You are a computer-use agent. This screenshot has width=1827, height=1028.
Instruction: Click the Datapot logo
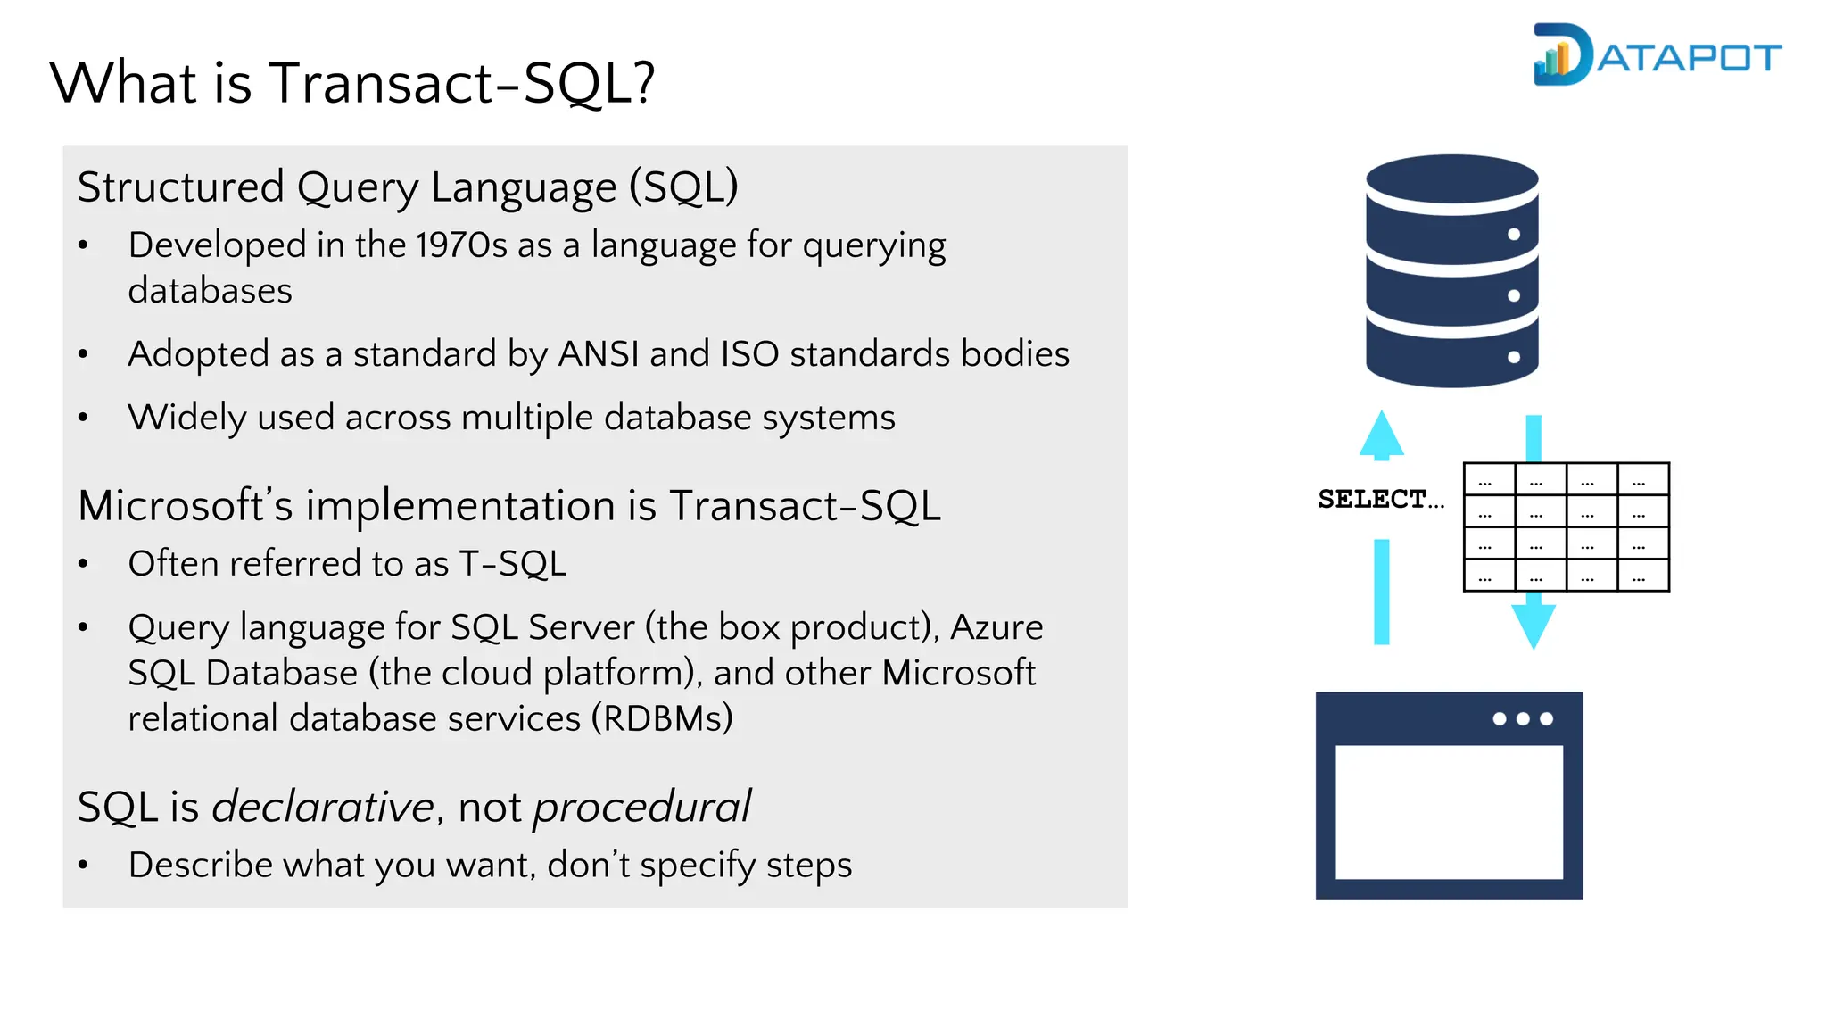click(1656, 55)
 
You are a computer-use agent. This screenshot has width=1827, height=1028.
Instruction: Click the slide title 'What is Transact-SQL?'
click(352, 83)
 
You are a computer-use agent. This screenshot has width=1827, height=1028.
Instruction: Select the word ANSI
click(598, 354)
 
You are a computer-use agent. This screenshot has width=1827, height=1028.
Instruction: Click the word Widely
click(186, 418)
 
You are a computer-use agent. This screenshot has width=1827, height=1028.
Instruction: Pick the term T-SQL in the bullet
click(512, 564)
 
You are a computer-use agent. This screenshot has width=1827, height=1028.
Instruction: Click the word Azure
click(996, 627)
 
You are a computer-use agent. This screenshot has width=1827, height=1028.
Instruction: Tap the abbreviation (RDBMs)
click(662, 718)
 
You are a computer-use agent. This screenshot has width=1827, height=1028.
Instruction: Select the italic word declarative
click(322, 807)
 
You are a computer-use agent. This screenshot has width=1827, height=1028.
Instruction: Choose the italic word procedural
click(641, 807)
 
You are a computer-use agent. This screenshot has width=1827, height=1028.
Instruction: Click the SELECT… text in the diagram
click(1379, 499)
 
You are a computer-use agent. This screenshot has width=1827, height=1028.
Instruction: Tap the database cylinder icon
click(1451, 271)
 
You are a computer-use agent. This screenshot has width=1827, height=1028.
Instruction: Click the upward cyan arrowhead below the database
click(1381, 435)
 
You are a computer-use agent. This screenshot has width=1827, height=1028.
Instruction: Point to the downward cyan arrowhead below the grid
click(1534, 625)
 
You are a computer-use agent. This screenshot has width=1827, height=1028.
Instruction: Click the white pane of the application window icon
click(1449, 812)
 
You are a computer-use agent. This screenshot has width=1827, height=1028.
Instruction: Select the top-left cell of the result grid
click(1489, 479)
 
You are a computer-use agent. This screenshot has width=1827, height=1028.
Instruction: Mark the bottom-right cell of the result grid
click(1643, 576)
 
